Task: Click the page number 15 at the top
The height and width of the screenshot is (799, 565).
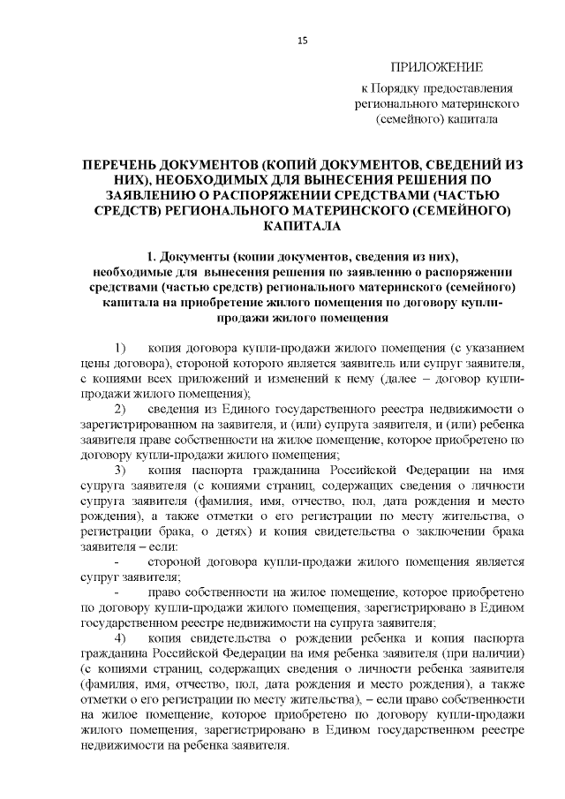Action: click(x=301, y=39)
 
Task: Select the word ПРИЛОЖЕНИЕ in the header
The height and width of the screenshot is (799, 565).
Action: click(x=438, y=67)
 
